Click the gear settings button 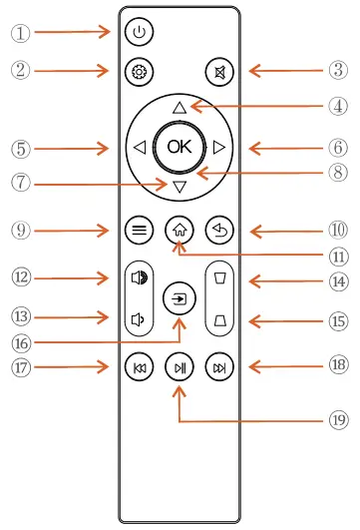tap(140, 71)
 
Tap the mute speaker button tap(218, 71)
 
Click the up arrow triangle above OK tap(180, 107)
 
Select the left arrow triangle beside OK tap(141, 148)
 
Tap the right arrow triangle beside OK tap(218, 148)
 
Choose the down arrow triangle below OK tap(180, 187)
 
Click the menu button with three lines tap(140, 229)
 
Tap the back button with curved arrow tap(218, 229)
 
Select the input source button tap(180, 297)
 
